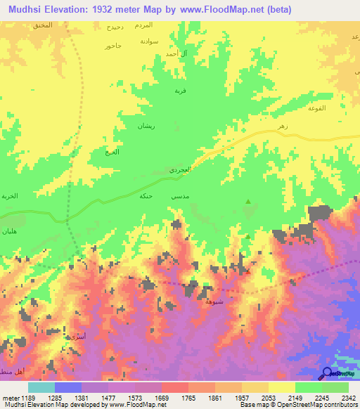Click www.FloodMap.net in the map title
221,10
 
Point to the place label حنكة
147,195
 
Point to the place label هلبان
8,232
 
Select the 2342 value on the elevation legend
349,398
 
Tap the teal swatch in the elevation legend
41,387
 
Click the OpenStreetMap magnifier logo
328,375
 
